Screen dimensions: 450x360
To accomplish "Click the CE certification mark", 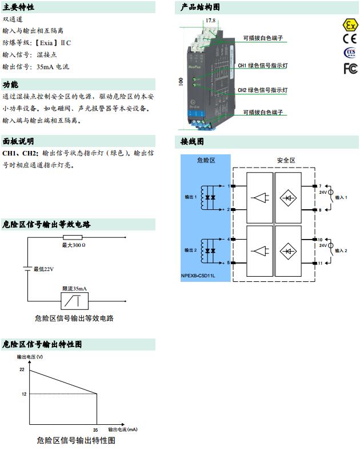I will click(x=349, y=39).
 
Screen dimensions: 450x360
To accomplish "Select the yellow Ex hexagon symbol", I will click(x=349, y=25).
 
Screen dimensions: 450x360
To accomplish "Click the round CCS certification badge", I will click(x=349, y=53).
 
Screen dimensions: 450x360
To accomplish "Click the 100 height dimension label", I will click(x=181, y=81).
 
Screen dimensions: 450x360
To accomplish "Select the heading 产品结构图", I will click(x=200, y=7).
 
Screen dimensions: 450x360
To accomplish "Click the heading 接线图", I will click(x=192, y=141).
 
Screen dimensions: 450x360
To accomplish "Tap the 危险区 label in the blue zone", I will click(x=205, y=161).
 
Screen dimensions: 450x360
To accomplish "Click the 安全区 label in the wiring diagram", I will click(x=286, y=161).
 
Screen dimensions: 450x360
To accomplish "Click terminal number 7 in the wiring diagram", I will click(x=320, y=186).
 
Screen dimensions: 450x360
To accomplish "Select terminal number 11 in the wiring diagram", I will click(x=321, y=263).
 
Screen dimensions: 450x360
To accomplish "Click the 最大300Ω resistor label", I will click(x=74, y=245).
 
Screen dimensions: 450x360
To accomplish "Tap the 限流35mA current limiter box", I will click(x=74, y=300).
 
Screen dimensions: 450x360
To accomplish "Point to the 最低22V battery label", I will click(x=43, y=269).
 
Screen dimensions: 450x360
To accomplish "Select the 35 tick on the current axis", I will click(x=96, y=429).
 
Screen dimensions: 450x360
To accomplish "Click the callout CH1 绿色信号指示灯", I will click(x=262, y=66).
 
